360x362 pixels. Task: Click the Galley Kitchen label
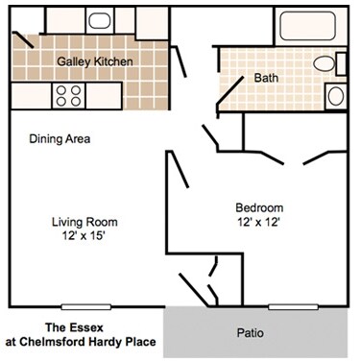pyautogui.click(x=95, y=60)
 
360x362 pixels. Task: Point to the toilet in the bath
pyautogui.click(x=329, y=64)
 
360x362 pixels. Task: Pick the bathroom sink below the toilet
pyautogui.click(x=336, y=96)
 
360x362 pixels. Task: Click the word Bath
pyautogui.click(x=266, y=79)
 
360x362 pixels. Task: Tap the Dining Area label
pyautogui.click(x=60, y=139)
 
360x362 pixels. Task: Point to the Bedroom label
pyautogui.click(x=259, y=207)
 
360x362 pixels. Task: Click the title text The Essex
pyautogui.click(x=84, y=326)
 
